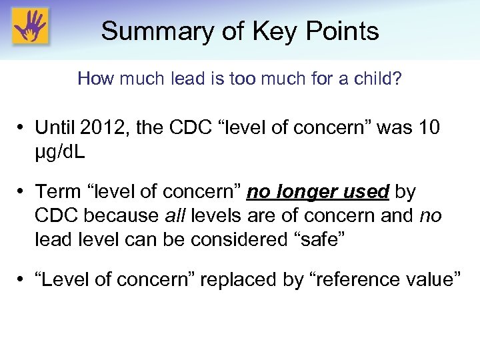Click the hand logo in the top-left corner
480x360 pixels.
[x=31, y=27]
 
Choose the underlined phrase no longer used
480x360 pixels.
[x=318, y=193]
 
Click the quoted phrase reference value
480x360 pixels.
[x=383, y=280]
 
